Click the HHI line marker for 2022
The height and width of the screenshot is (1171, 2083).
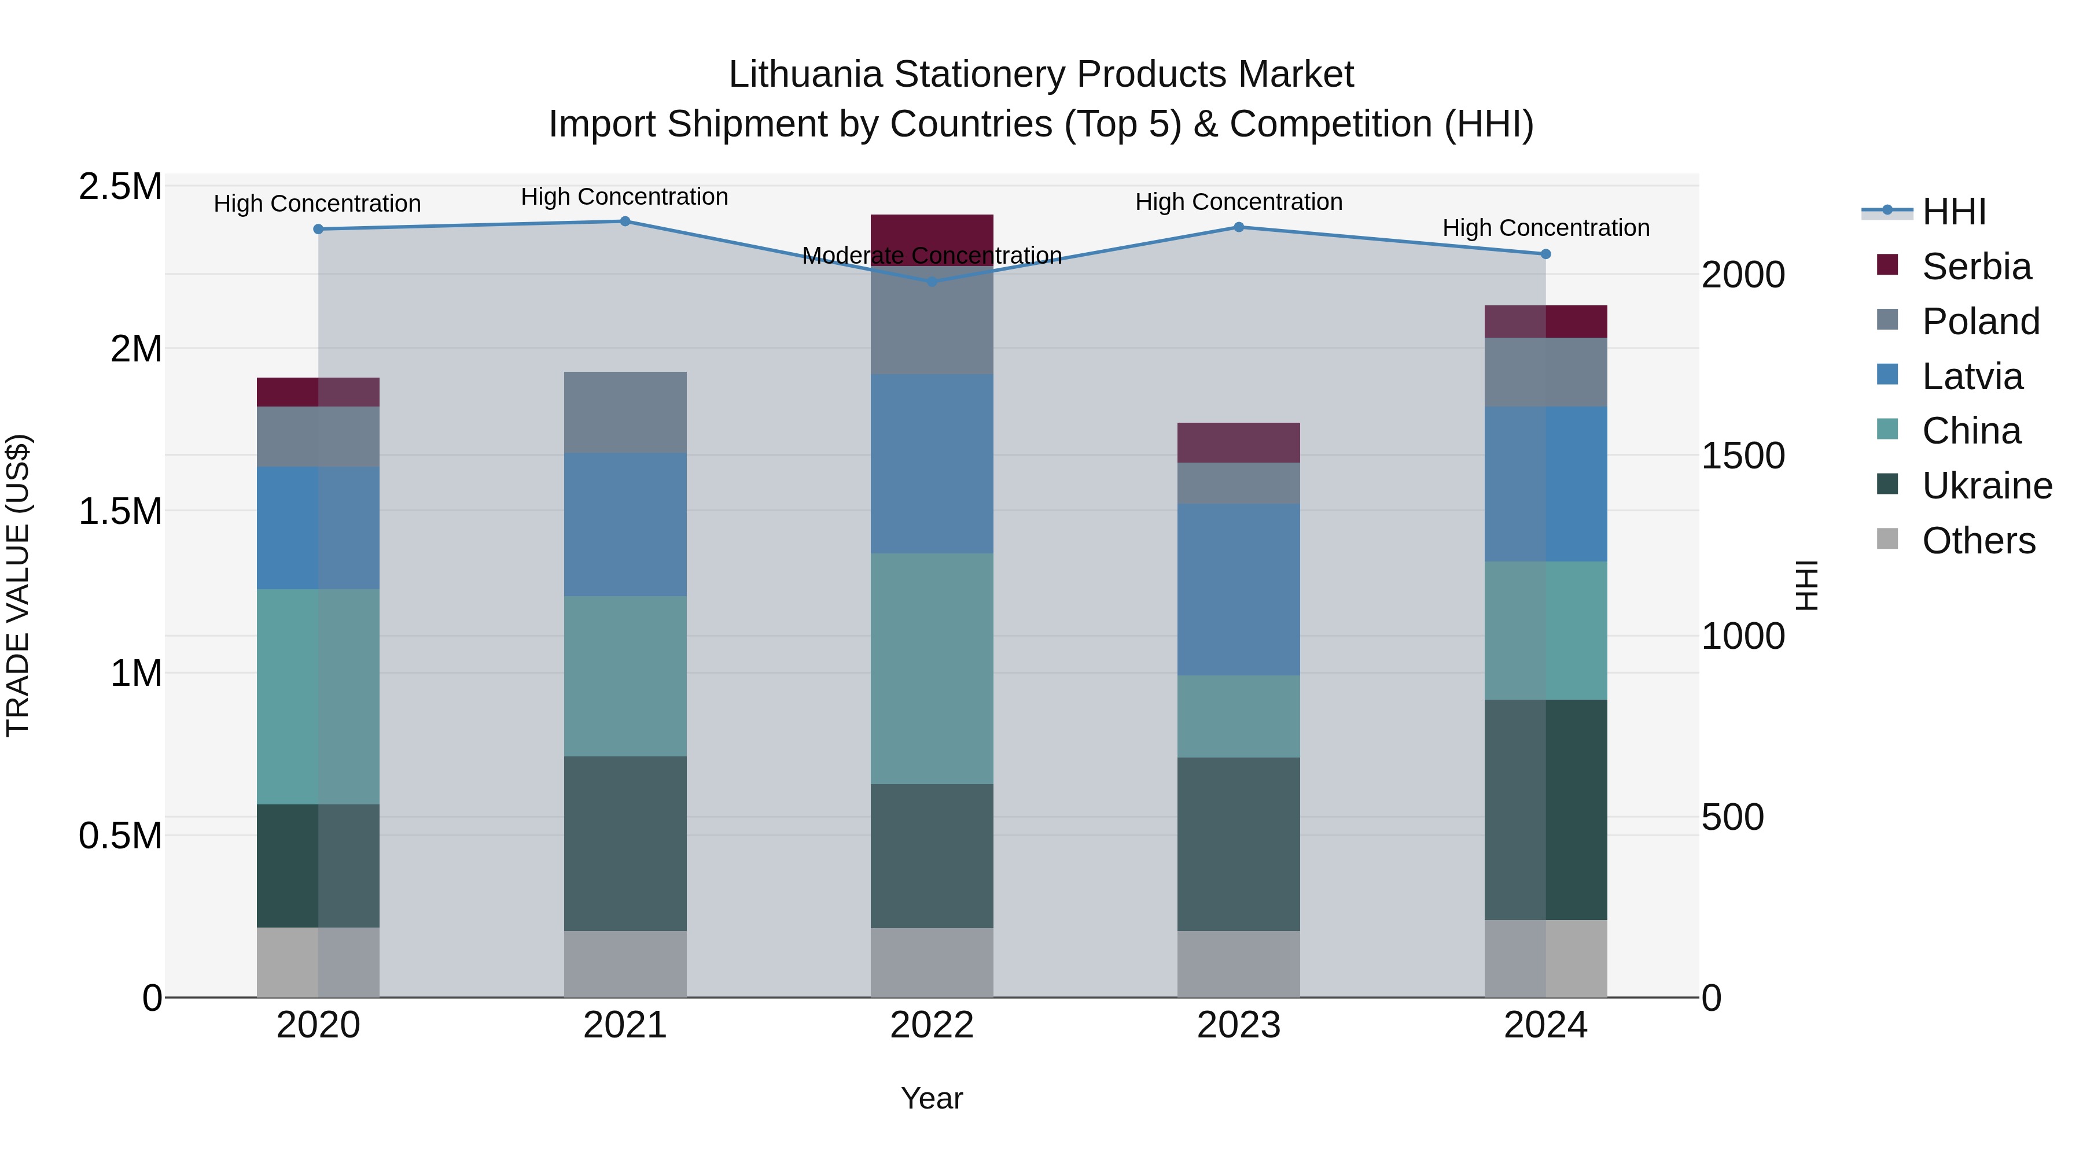pyautogui.click(x=932, y=281)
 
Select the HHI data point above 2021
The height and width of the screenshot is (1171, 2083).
pyautogui.click(x=625, y=221)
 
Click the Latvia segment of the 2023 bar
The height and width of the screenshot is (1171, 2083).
pyautogui.click(x=1238, y=589)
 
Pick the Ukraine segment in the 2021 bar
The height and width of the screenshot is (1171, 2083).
pyautogui.click(x=625, y=843)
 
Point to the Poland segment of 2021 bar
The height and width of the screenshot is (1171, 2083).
pyautogui.click(x=625, y=412)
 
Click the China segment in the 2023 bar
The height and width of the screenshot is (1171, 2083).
pyautogui.click(x=1238, y=716)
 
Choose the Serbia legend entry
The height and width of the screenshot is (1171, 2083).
pyautogui.click(x=1975, y=267)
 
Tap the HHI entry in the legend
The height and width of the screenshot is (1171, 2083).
pyautogui.click(x=1953, y=212)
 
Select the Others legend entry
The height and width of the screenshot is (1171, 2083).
pyautogui.click(x=1977, y=541)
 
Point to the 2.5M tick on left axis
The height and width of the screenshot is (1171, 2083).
pyautogui.click(x=120, y=187)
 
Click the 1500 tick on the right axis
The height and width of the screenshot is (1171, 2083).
pyautogui.click(x=1743, y=456)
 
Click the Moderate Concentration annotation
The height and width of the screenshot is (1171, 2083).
pyautogui.click(x=932, y=256)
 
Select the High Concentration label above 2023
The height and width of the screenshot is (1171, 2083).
pyautogui.click(x=1238, y=202)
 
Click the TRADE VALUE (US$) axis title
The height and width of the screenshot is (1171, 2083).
pyautogui.click(x=19, y=585)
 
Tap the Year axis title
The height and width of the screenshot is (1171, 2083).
pyautogui.click(x=932, y=1098)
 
